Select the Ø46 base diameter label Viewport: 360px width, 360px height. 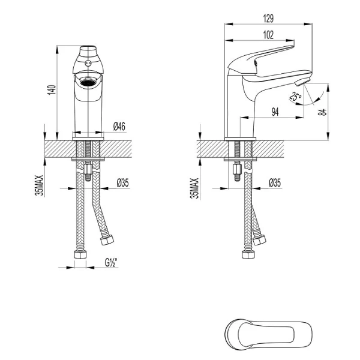[119, 126]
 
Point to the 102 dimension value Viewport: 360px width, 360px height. [269, 34]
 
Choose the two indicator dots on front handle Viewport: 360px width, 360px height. [88, 62]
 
